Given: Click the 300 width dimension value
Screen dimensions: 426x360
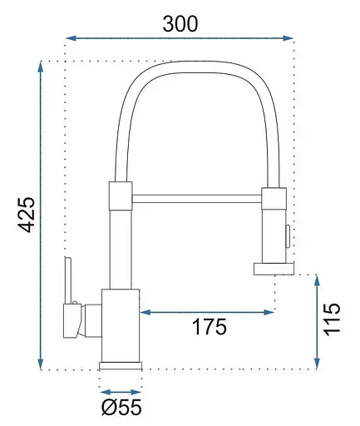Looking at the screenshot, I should tap(180, 23).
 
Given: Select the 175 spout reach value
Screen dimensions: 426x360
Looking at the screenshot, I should tap(208, 326).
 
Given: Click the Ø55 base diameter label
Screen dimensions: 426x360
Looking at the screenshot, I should tap(122, 408).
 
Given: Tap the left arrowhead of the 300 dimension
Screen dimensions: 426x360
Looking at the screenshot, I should tap(69, 37).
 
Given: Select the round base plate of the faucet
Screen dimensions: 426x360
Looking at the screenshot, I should tap(120, 364).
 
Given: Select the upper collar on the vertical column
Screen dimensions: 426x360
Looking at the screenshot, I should tap(120, 196).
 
